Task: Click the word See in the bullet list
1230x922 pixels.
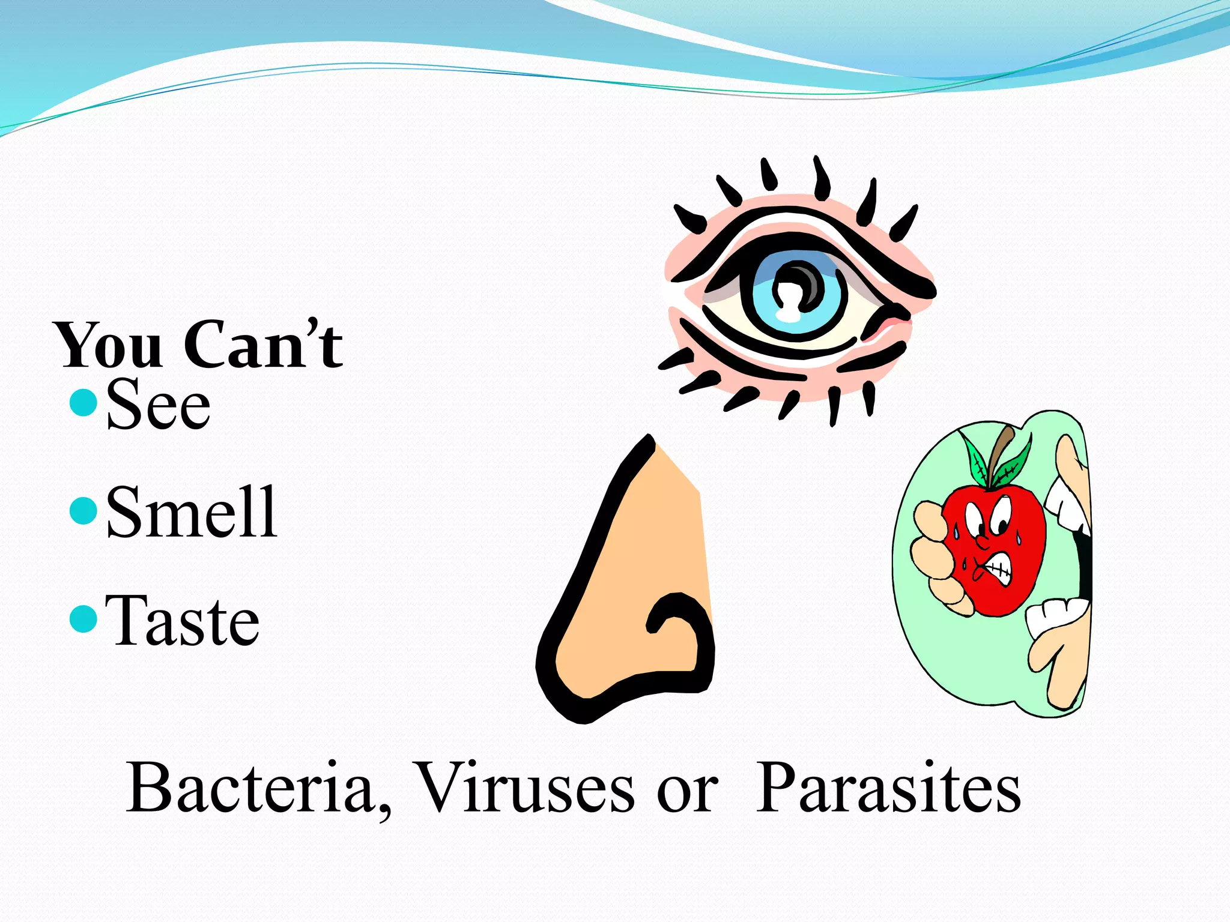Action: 158,404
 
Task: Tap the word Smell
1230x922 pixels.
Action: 191,512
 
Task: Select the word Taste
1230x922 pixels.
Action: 182,621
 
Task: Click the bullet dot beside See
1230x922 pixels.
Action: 83,402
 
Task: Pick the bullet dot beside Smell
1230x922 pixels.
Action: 83,511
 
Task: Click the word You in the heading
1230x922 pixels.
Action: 109,346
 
